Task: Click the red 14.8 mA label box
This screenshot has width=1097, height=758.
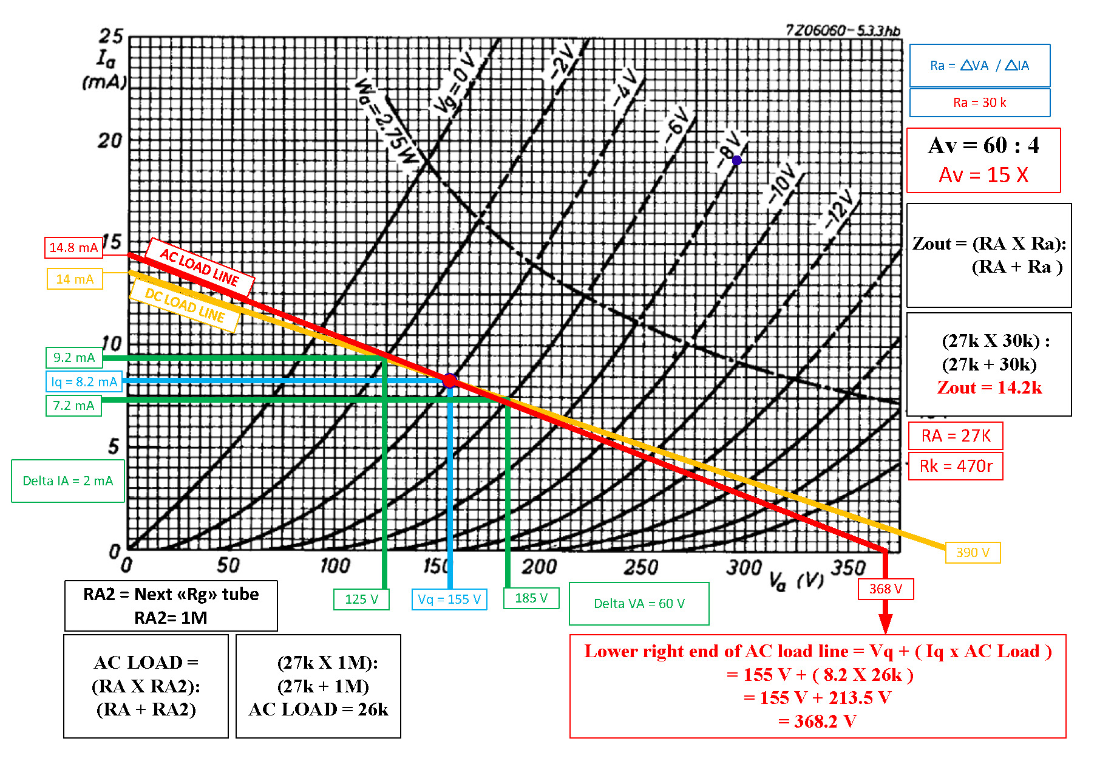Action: click(73, 248)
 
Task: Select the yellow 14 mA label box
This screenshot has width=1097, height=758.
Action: click(75, 279)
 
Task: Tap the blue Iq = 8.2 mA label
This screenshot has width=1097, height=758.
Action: click(84, 382)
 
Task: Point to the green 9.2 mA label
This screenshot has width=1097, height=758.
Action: click(74, 358)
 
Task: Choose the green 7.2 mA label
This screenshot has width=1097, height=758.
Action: click(73, 406)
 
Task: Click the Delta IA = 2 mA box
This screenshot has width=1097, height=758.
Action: click(68, 481)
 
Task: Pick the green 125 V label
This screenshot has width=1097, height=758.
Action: click(361, 599)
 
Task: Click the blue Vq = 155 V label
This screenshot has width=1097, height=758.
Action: click(449, 599)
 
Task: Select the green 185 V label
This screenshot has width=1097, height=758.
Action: click(531, 598)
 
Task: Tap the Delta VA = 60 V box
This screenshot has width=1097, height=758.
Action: click(639, 604)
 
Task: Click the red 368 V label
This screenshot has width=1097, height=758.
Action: click(886, 589)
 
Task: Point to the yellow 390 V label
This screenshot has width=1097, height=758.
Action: click(973, 553)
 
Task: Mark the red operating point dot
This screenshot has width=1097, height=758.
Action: click(449, 381)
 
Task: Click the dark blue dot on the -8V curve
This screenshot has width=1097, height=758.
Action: click(736, 160)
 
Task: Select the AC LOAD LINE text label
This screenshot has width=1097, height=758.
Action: click(200, 267)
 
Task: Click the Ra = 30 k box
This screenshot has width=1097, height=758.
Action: click(980, 103)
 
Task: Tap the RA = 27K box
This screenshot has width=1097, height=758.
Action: click(956, 436)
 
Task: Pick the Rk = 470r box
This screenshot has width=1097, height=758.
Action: click(956, 466)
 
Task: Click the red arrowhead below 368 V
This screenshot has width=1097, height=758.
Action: click(886, 624)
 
